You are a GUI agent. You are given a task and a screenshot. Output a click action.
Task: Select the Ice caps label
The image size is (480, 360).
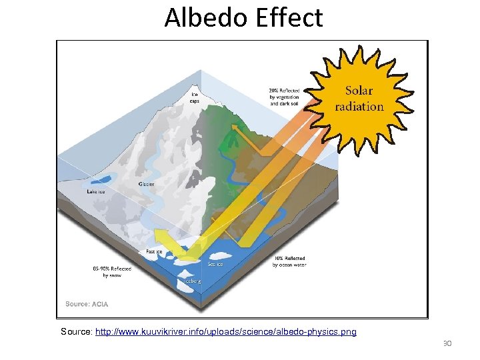coord(194,98)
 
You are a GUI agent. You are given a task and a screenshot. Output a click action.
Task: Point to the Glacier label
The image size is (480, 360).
coord(146,184)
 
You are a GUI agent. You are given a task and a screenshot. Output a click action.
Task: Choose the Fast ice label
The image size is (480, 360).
coord(155,251)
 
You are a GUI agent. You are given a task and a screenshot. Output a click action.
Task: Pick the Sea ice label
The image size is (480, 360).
coord(215,265)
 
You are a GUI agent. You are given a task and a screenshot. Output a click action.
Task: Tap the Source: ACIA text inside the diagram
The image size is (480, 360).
coord(87,304)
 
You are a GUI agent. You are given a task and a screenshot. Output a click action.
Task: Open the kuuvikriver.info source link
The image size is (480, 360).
coord(226,331)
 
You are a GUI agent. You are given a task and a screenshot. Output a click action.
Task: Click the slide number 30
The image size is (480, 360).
coord(447,344)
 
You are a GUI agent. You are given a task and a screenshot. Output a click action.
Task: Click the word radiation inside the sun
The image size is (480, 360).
coord(359,106)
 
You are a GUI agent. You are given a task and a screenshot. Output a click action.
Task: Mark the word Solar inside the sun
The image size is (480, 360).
coord(359,91)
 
